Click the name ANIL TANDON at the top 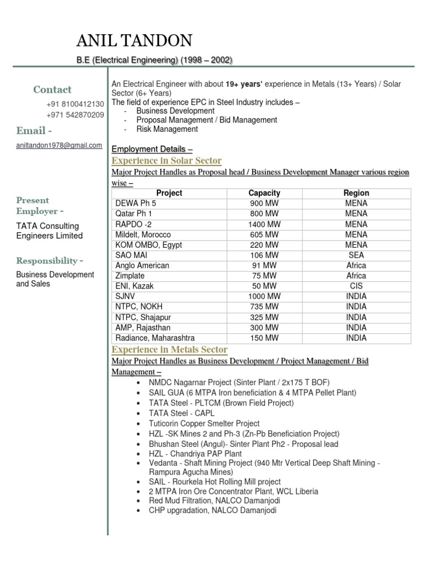pyautogui.click(x=134, y=41)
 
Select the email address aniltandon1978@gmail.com pyautogui.click(x=59, y=145)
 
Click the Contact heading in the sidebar pyautogui.click(x=52, y=89)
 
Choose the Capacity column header pyautogui.click(x=264, y=193)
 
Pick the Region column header pyautogui.click(x=356, y=193)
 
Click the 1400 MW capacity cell pyautogui.click(x=264, y=224)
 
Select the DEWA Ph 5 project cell pyautogui.click(x=136, y=204)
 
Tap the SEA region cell pyautogui.click(x=356, y=255)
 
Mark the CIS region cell pyautogui.click(x=356, y=286)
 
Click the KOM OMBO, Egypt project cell pyautogui.click(x=149, y=245)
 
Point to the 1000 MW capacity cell pyautogui.click(x=264, y=296)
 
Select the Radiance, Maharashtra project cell pyautogui.click(x=155, y=338)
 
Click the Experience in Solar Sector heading pyautogui.click(x=166, y=161)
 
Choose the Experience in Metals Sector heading pyautogui.click(x=169, y=349)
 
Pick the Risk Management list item pyautogui.click(x=167, y=129)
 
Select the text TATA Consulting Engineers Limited pyautogui.click(x=49, y=231)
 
